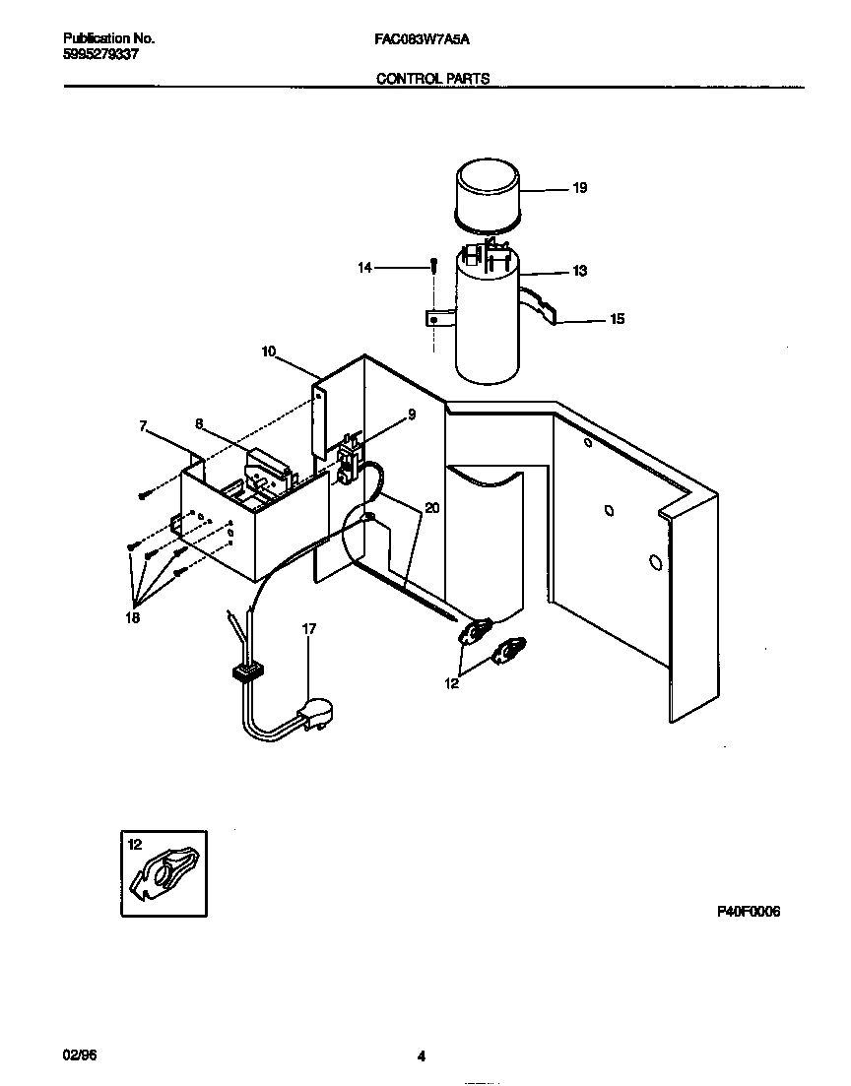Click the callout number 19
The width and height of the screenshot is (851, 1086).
[x=579, y=188]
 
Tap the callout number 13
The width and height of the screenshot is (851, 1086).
[x=579, y=271]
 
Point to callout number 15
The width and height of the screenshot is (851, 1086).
[x=617, y=319]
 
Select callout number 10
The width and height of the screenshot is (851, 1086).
[x=269, y=351]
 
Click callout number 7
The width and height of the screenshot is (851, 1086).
[x=143, y=426]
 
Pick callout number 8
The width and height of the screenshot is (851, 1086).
[x=199, y=424]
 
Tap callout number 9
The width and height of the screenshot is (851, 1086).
[x=412, y=415]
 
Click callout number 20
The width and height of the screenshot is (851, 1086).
[x=431, y=509]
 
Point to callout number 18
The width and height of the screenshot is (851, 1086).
[x=132, y=618]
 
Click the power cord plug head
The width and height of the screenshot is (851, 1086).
[x=316, y=711]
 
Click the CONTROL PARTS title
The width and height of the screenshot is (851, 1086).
[x=433, y=79]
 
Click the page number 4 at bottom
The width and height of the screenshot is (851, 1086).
[x=421, y=1057]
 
